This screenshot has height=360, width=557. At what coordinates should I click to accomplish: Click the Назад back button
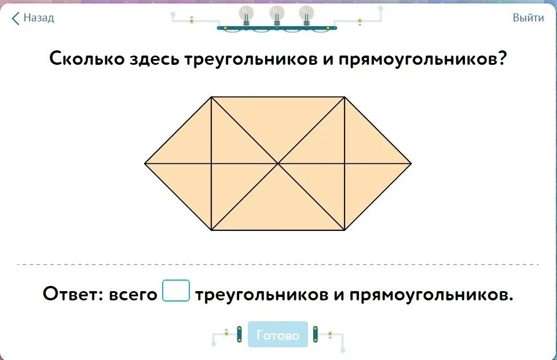coord(34,18)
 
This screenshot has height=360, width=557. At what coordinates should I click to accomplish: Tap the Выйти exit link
coord(528,18)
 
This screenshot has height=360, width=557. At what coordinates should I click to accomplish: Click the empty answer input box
coord(176,291)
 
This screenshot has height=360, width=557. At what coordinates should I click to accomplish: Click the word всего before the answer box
coord(134,294)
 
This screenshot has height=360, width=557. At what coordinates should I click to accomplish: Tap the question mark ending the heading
coord(501,58)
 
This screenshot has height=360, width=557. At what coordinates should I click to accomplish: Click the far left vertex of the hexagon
coord(145,163)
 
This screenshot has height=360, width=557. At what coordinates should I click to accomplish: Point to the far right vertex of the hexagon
coord(411,163)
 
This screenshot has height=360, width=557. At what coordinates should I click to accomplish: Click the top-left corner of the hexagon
coord(211,97)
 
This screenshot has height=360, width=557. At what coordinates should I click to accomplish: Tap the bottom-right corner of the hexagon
coord(345,230)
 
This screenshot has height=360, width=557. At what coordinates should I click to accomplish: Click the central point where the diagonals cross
coord(278,163)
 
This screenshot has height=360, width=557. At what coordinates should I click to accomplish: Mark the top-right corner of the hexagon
coord(345,97)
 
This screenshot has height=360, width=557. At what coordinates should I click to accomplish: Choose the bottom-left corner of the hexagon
coord(211,230)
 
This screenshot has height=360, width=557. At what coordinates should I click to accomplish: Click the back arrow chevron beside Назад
coord(16,18)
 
